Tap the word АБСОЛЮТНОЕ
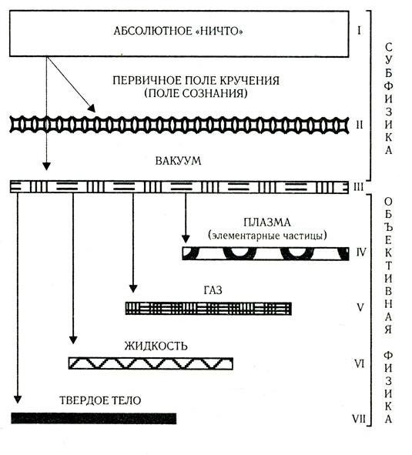tap(152, 31)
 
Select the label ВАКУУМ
tap(178, 161)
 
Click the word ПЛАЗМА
tap(266, 222)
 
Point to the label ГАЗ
tap(213, 290)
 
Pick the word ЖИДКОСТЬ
tap(156, 346)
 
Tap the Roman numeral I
tap(359, 31)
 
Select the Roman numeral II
tap(360, 125)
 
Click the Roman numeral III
tap(359, 187)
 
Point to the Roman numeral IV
tap(361, 253)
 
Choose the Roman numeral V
tap(360, 307)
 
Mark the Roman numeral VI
tap(360, 363)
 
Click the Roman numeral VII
tap(359, 419)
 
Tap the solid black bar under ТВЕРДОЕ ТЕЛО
tap(93, 419)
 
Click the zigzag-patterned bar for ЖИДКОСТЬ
tap(151, 363)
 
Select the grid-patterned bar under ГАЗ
tap(209, 309)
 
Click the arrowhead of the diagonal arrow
tap(92, 109)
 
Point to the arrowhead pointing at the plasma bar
tap(186, 239)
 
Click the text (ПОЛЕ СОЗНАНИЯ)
tap(196, 93)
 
